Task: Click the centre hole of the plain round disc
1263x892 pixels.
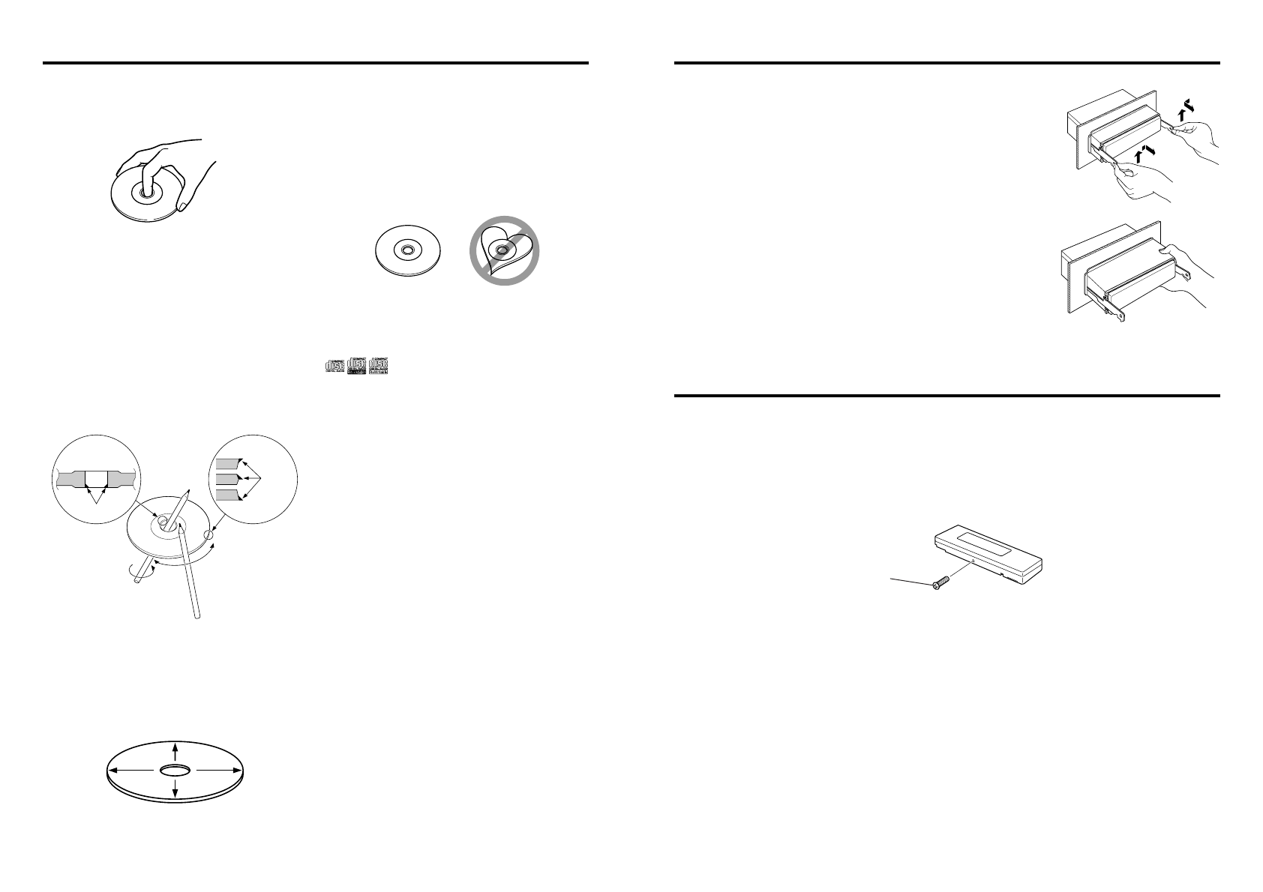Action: tap(407, 250)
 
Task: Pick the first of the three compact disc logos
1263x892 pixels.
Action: tap(334, 366)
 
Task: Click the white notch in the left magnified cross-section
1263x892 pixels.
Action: tap(97, 478)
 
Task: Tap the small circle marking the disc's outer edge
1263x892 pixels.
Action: tap(208, 535)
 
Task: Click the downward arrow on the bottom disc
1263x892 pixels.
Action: tap(175, 789)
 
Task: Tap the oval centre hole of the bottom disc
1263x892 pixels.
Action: tap(175, 770)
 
